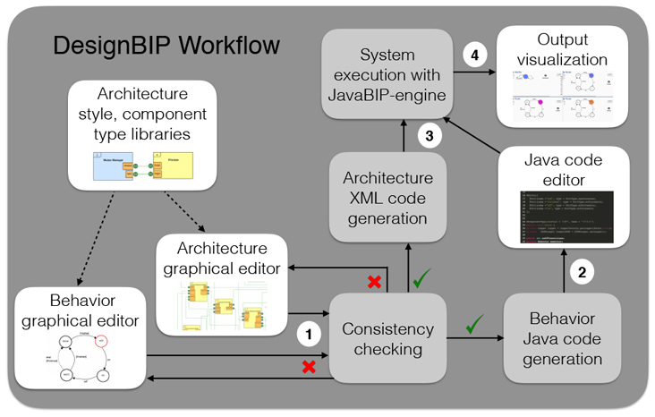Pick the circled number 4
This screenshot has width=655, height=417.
point(474,55)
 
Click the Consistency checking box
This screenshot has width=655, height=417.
point(387,339)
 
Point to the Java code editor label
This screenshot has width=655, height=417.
point(564,171)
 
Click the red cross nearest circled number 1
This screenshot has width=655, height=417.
point(309,367)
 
